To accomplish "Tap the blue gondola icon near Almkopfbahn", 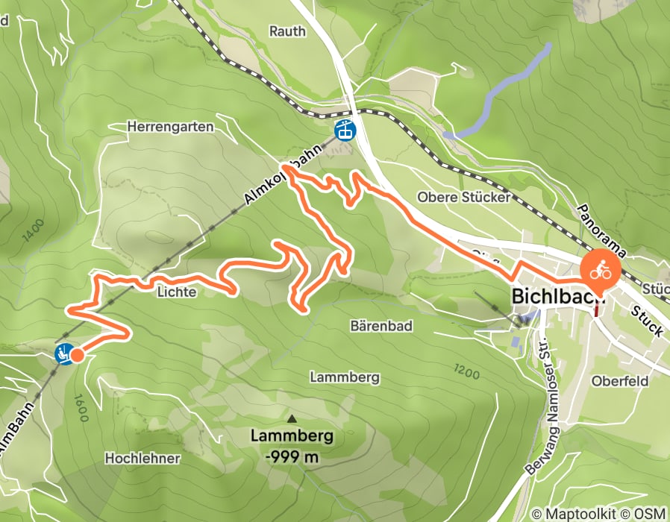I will (345, 130).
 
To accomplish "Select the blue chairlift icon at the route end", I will (64, 353).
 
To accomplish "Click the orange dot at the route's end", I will (77, 356).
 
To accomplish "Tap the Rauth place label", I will (287, 31).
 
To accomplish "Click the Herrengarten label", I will (170, 128).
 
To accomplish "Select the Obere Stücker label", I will (463, 198).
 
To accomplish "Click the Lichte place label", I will (176, 293).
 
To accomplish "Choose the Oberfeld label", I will (616, 380).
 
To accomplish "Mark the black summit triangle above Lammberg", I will (292, 420).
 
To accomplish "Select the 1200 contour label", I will (465, 369).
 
